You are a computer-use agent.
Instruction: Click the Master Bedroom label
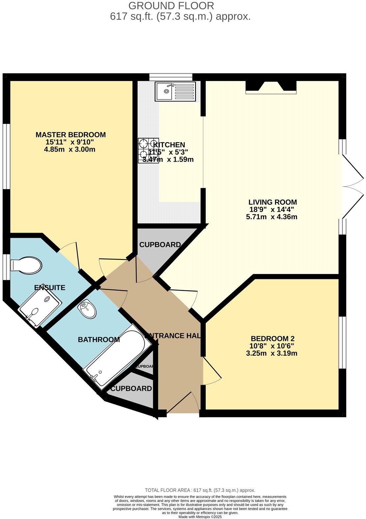[x=70, y=135]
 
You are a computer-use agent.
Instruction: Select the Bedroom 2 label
[x=272, y=339]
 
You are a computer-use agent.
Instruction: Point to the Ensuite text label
[x=50, y=287]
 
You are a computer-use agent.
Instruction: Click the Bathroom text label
[x=99, y=340]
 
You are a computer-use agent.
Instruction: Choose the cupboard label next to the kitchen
[x=160, y=245]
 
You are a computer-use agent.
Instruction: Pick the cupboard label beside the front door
[x=131, y=389]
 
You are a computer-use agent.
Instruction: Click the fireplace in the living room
[x=271, y=87]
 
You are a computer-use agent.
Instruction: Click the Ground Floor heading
[x=171, y=6]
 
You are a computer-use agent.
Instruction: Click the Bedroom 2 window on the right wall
[x=342, y=342]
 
